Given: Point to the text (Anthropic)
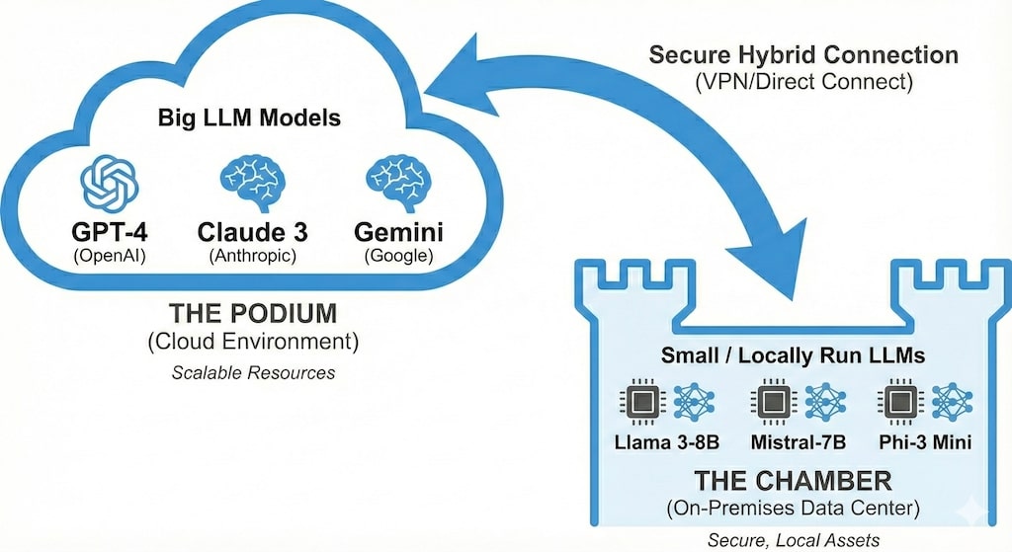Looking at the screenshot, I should click(x=251, y=255).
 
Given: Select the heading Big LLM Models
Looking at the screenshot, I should click(x=249, y=118).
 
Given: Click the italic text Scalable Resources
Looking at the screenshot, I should click(x=252, y=373).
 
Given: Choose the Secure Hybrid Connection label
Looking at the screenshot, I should click(x=802, y=54).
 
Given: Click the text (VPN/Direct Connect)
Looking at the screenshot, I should click(x=802, y=80).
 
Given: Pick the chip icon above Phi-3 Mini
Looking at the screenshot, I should click(x=898, y=403).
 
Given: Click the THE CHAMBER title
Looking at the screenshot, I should click(x=793, y=482).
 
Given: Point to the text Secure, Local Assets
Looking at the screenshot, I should click(x=793, y=539).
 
